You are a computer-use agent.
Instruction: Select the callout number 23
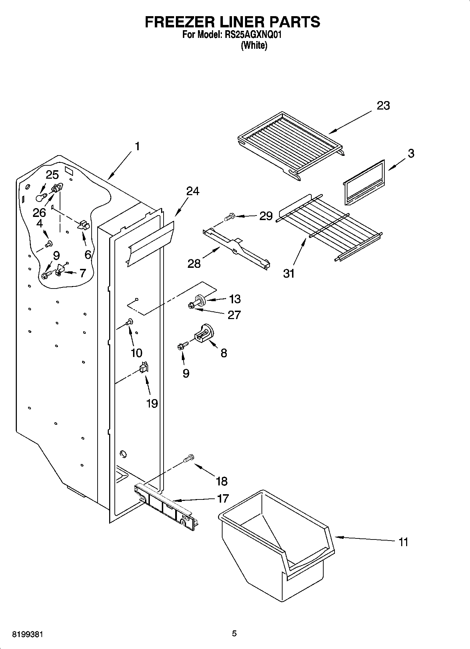coord(383,106)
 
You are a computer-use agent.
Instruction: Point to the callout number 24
coord(192,191)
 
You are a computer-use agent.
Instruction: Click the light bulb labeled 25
coord(41,198)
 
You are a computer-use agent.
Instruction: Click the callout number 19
coord(152,403)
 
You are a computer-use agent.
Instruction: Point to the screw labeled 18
coord(188,458)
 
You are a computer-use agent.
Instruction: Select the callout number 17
coord(223,498)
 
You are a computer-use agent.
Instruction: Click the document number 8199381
coord(28,634)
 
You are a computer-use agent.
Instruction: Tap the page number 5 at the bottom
coord(234,634)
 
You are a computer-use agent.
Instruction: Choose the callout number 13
coord(235,299)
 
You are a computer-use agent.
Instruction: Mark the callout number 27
coord(234,315)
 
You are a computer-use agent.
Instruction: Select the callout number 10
coord(137,353)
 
